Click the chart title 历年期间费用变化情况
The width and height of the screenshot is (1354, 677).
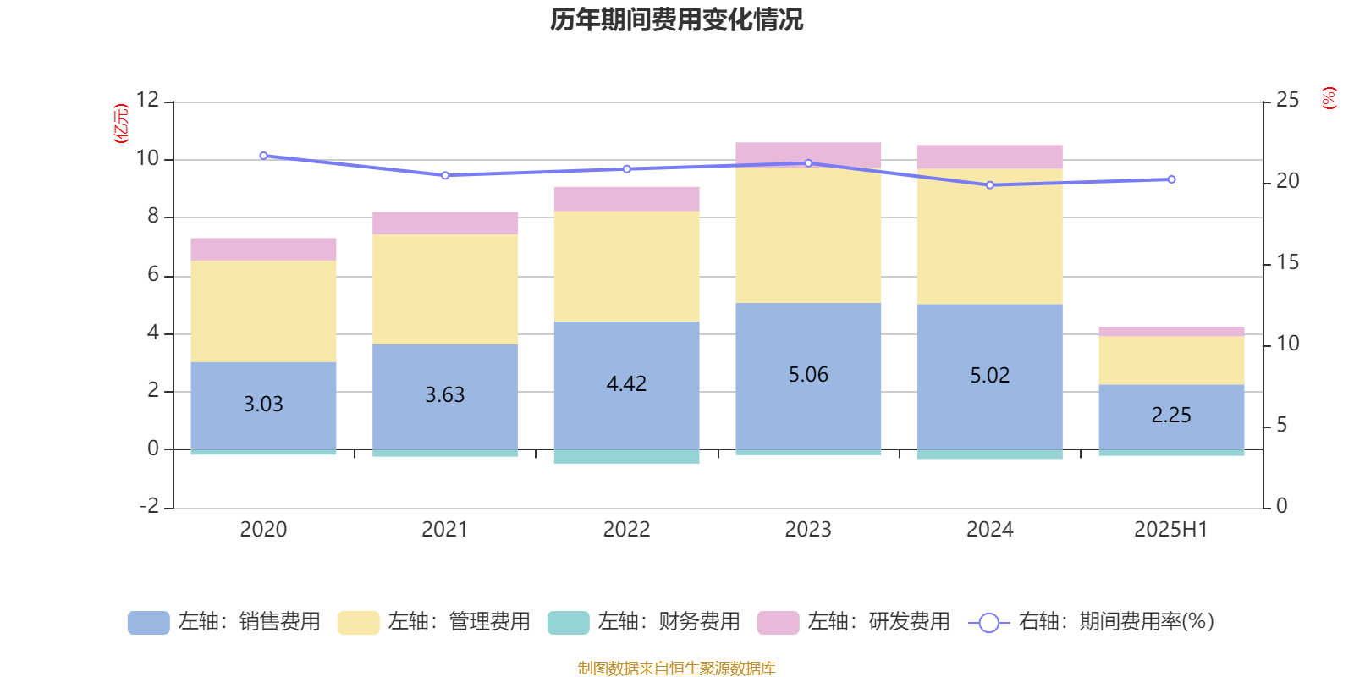676,19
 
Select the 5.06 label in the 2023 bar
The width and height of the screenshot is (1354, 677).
808,375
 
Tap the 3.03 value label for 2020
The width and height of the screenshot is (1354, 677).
263,405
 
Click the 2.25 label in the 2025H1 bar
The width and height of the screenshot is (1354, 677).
1171,416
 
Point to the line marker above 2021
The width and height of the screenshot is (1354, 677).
445,175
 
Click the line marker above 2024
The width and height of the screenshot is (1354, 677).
990,184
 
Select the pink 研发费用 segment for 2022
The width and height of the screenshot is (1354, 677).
626,199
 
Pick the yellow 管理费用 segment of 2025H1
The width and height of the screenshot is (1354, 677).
1171,361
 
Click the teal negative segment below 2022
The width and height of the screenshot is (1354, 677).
626,457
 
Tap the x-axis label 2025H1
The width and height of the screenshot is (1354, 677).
1171,530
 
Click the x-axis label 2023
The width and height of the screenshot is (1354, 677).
808,530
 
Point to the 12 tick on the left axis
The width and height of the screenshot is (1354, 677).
147,101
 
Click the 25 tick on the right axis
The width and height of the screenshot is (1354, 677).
1287,101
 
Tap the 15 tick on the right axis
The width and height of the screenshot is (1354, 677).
1287,262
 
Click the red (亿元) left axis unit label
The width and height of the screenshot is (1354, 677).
121,124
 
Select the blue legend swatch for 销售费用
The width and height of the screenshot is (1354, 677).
148,623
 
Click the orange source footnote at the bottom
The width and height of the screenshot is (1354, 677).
676,669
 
